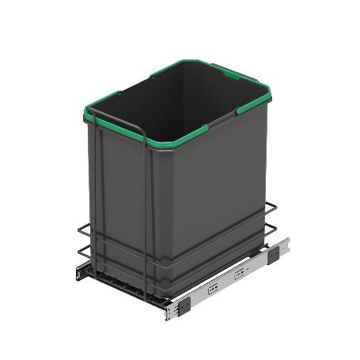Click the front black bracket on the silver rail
(x=184, y=301)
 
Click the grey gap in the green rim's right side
(x=237, y=116)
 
